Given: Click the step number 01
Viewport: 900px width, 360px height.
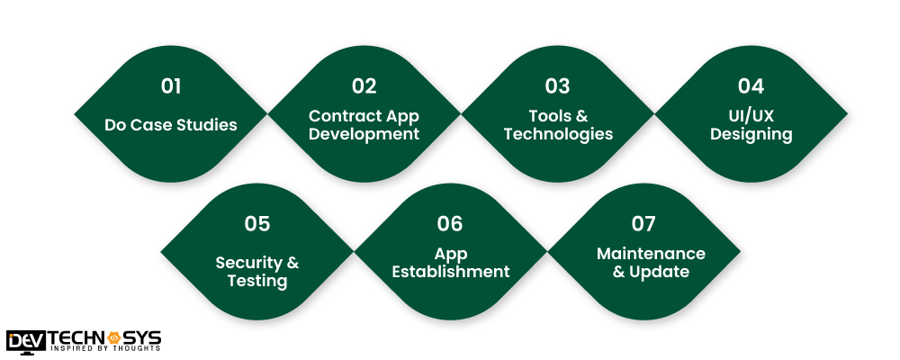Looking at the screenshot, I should [x=171, y=86].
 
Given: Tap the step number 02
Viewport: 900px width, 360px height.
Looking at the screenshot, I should [x=364, y=86].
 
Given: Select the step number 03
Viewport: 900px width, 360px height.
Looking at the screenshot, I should [x=557, y=86].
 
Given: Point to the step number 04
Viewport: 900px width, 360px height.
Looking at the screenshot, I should [x=751, y=86].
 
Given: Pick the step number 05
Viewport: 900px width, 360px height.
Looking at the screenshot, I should [x=256, y=224].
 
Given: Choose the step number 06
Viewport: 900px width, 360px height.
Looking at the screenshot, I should [x=450, y=224].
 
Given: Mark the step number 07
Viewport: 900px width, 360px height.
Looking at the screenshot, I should [x=643, y=224].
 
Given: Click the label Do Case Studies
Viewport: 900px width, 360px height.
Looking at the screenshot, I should [x=171, y=124].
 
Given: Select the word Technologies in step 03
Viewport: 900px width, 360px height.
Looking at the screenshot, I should [x=558, y=135].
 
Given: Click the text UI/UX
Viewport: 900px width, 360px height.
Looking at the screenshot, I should [x=751, y=116].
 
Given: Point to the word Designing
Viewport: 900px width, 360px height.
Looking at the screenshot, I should [x=751, y=135].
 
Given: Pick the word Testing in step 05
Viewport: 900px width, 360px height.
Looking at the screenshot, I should [x=256, y=281].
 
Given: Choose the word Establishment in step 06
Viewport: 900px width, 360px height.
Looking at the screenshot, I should [x=450, y=272].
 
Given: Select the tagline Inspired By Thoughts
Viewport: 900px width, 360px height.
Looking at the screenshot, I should [x=106, y=347].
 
